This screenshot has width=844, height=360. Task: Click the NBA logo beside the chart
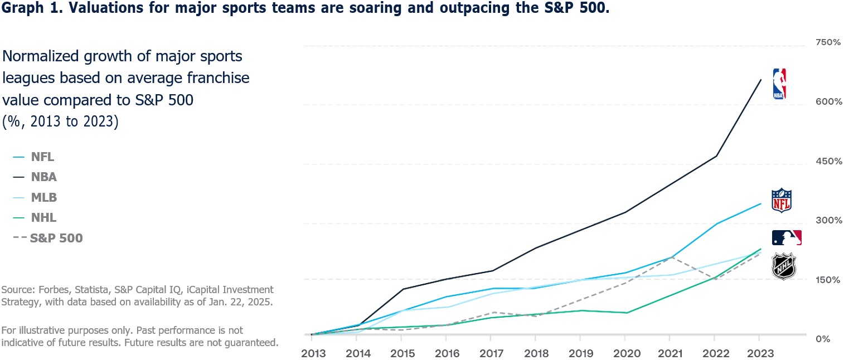click(779, 84)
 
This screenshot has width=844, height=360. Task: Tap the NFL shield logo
click(782, 200)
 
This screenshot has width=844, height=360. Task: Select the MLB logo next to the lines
click(787, 237)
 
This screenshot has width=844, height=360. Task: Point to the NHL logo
click(784, 266)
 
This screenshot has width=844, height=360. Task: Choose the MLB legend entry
click(35, 197)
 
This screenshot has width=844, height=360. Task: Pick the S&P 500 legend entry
click(48, 238)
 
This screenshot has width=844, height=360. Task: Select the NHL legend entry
click(35, 218)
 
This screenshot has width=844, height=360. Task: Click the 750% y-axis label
click(828, 42)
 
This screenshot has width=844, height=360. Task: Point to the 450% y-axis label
click(828, 161)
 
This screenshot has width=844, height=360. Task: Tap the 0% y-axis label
click(823, 339)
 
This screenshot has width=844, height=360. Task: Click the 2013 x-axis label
click(313, 353)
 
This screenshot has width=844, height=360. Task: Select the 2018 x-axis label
click(536, 353)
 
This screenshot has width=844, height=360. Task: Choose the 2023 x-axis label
click(760, 353)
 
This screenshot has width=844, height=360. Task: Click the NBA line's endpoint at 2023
click(761, 80)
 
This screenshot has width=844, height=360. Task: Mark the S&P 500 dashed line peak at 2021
click(671, 257)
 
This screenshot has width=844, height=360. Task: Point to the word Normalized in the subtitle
click(41, 56)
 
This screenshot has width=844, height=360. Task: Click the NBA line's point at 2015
click(402, 289)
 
